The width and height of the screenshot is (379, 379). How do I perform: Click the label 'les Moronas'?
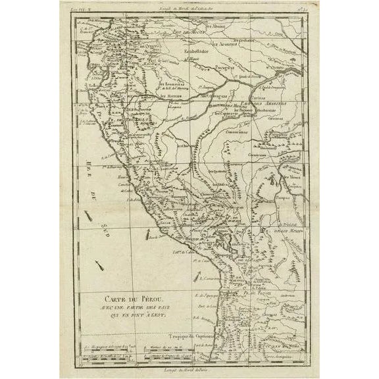[x=172, y=96]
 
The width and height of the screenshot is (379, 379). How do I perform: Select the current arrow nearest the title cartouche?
[x=100, y=266]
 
